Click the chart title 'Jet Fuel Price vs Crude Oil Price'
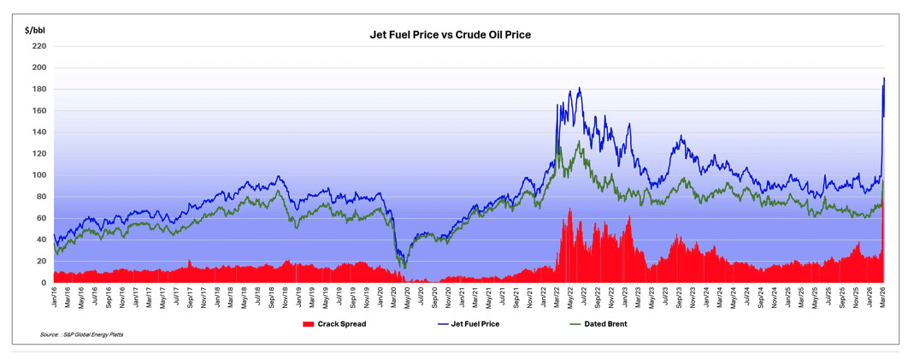[450, 35]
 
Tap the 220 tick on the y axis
[41, 46]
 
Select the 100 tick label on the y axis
[41, 175]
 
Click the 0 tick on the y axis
[44, 283]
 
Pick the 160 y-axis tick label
[41, 110]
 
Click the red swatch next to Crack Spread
[309, 324]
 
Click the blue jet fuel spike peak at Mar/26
[884, 78]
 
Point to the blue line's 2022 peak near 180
[579, 88]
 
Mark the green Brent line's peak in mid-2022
[578, 141]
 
